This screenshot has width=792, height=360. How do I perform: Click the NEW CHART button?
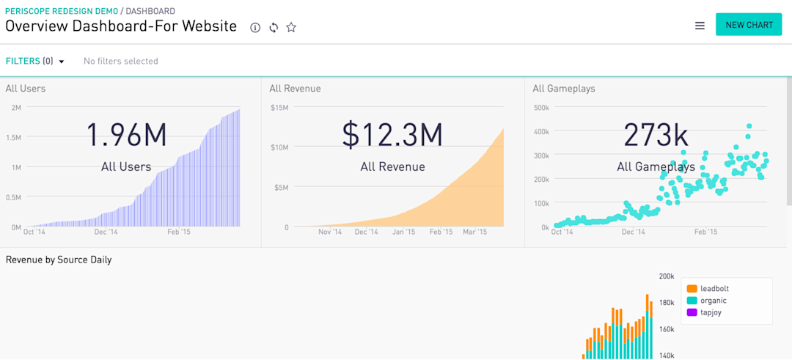[x=749, y=25]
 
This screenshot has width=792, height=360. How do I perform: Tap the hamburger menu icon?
[x=700, y=26]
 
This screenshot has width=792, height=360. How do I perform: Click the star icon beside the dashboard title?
[x=291, y=27]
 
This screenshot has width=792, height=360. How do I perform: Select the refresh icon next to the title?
[x=274, y=27]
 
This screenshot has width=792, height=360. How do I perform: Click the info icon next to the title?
[x=255, y=27]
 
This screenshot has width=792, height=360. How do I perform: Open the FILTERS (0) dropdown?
[x=35, y=61]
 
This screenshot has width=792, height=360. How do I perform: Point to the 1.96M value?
[x=126, y=136]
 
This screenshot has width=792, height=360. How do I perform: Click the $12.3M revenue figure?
[x=392, y=136]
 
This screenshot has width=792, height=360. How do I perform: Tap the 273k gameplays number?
[x=656, y=136]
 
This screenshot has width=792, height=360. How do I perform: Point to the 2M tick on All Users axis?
[x=16, y=108]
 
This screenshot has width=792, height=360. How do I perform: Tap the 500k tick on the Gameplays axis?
[x=541, y=108]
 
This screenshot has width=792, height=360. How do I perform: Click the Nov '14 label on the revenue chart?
[x=329, y=232]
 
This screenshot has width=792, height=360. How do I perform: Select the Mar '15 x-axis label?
[x=474, y=232]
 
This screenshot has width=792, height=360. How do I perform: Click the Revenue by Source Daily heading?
[x=59, y=260]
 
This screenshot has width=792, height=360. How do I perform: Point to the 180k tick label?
[x=667, y=303]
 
